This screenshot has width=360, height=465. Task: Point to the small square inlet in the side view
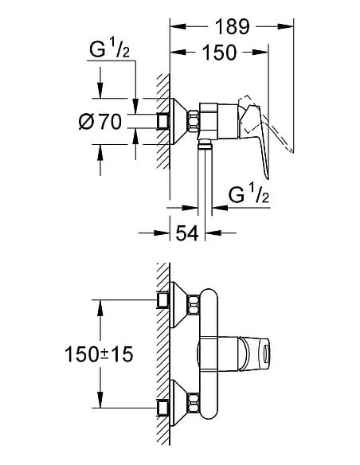[164, 120]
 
